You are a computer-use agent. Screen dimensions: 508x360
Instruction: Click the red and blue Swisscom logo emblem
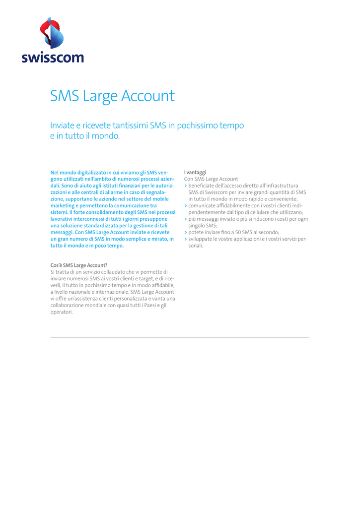pyautogui.click(x=52, y=33)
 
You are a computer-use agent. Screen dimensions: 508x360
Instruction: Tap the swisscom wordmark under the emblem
pyautogui.click(x=52, y=58)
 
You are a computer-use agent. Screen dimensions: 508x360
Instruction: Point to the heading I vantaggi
pyautogui.click(x=195, y=172)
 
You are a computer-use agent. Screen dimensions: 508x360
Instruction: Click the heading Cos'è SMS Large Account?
pyautogui.click(x=79, y=265)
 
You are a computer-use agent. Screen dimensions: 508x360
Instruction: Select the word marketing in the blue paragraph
pyautogui.click(x=64, y=205)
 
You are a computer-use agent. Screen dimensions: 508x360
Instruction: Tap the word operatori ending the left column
pyautogui.click(x=62, y=312)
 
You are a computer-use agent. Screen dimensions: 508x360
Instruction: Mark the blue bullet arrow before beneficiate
pyautogui.click(x=185, y=186)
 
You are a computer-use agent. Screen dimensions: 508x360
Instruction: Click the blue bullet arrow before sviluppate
pyautogui.click(x=185, y=239)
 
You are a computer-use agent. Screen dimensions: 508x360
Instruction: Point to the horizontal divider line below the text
pyautogui.click(x=180, y=337)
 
